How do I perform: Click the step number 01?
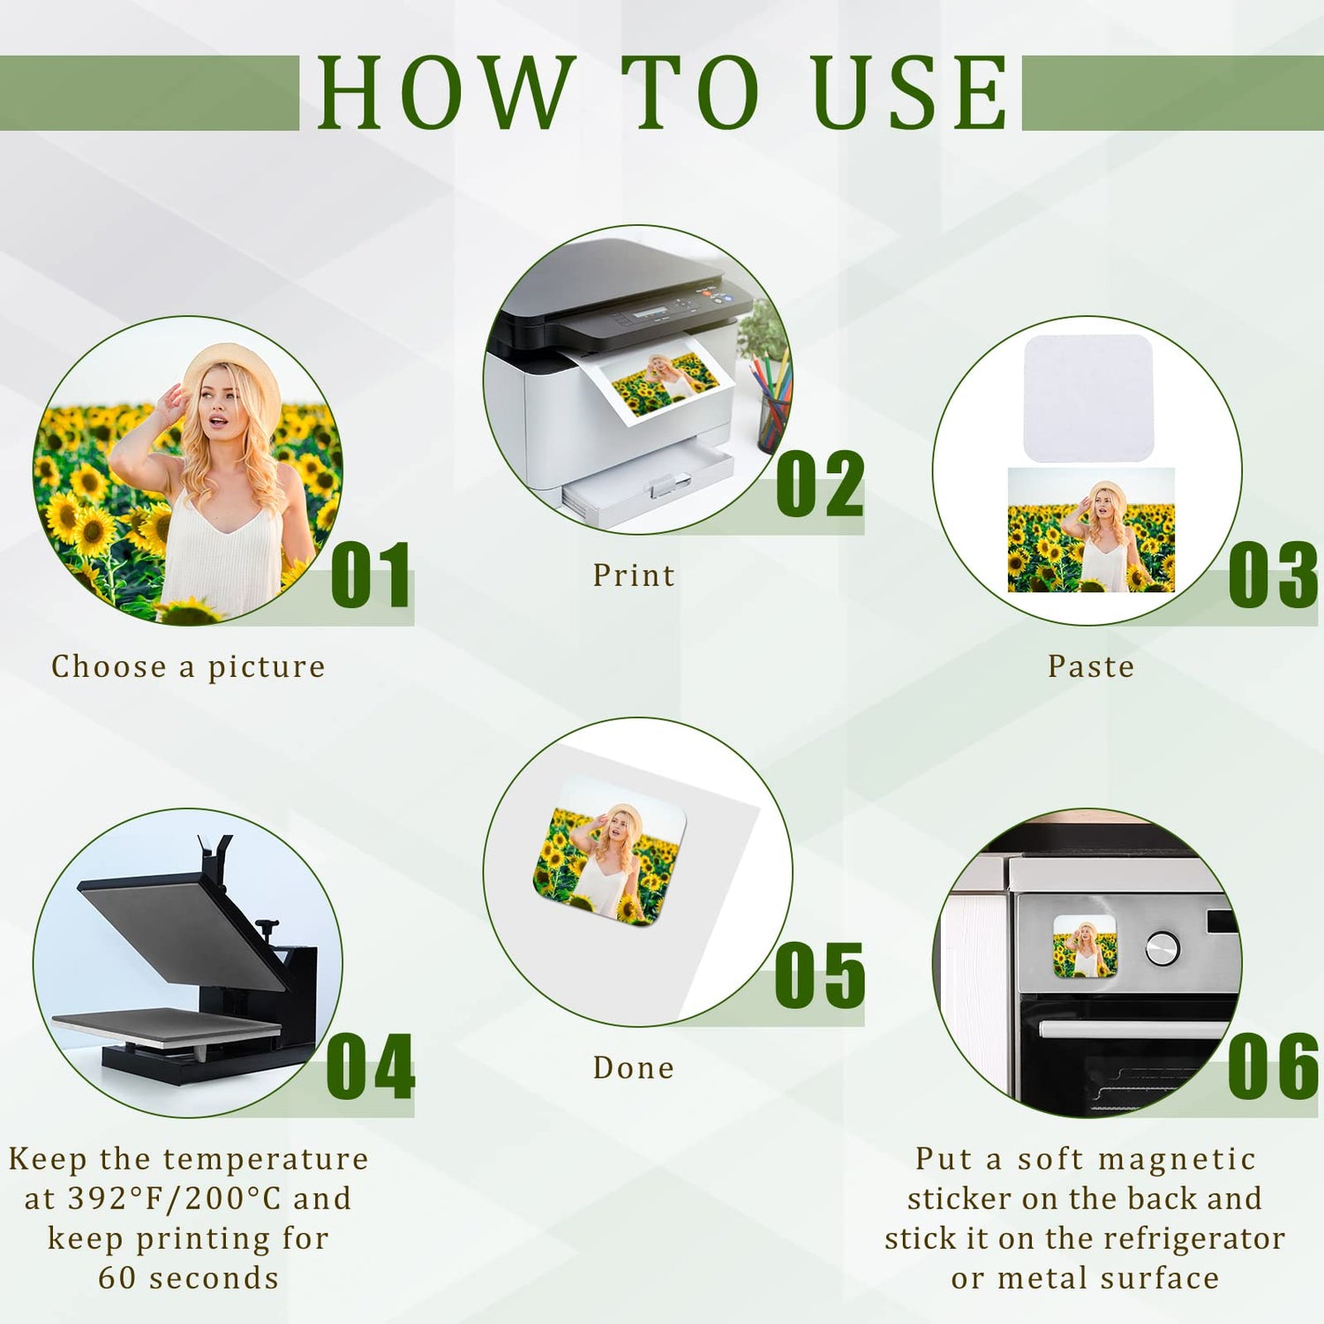372,575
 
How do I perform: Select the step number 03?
1273,575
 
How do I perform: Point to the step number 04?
371,1067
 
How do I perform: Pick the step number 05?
820,975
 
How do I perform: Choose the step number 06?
1273,1067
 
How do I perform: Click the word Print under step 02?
634,575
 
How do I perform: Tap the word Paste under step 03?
1091,666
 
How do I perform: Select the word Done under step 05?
634,1068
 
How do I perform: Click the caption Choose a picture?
188,667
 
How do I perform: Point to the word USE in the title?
909,92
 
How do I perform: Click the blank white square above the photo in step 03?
1088,398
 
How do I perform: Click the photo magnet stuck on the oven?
1085,946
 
